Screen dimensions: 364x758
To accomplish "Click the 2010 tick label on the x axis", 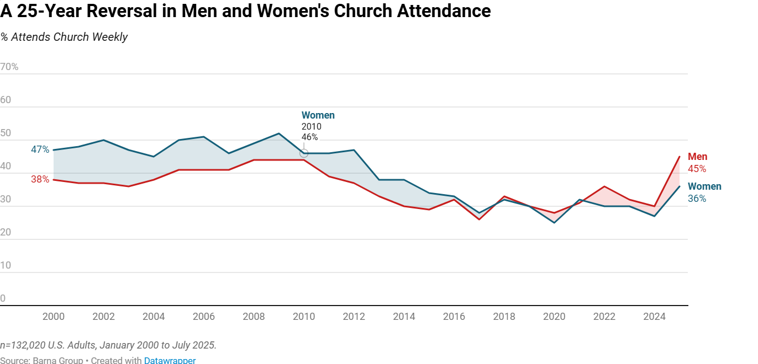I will coord(304,317).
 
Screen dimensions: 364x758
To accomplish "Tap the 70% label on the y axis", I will coord(9,67).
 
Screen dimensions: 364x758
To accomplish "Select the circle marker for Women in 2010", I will coord(304,153).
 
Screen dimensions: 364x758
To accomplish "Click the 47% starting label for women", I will coord(40,149).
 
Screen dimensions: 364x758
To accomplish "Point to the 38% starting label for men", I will coord(40,179).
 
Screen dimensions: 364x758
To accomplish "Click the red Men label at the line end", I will coord(697,157).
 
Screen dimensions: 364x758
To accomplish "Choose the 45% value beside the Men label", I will coord(697,169).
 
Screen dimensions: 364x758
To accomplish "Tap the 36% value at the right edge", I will coord(697,199).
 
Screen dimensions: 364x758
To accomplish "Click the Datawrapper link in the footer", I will coord(170,360).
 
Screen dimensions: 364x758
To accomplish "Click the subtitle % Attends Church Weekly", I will coord(64,37).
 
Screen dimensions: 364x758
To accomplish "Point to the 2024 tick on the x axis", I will coord(654,317).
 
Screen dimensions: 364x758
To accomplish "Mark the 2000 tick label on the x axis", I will coord(54,317).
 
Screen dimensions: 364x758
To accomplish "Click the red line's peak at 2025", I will coord(679,157).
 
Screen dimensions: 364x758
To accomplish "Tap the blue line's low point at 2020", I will coord(554,222).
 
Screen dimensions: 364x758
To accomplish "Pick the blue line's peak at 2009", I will coord(279,133).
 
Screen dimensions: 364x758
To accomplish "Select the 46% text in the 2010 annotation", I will coord(309,137).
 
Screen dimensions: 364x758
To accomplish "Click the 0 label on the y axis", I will coord(3,298).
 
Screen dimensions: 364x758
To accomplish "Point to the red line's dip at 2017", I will coord(479,219).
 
